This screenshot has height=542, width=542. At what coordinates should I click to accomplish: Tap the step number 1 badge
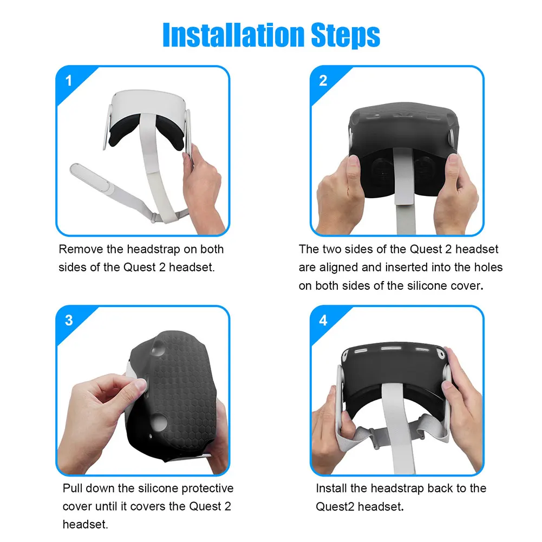[x=68, y=82]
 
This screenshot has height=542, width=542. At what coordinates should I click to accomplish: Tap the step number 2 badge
[x=323, y=82]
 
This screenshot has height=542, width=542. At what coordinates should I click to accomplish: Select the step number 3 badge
[x=68, y=321]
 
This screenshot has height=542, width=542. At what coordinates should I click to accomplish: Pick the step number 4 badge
[x=323, y=321]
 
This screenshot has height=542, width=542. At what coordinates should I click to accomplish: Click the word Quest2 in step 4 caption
[x=334, y=507]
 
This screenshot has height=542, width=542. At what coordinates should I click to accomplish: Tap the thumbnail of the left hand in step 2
[x=352, y=163]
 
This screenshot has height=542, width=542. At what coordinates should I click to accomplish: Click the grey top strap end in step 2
[x=405, y=184]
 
